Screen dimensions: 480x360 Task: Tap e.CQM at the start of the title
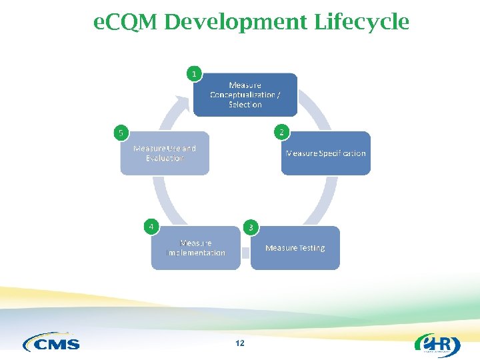125,23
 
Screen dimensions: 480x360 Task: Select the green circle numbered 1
194,73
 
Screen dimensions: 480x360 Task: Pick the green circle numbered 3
251,227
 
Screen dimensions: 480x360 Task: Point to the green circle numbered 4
152,227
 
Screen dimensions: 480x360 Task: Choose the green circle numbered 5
121,133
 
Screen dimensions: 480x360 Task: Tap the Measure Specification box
326,153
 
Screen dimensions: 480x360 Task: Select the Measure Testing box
295,248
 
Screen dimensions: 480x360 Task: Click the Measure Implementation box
196,248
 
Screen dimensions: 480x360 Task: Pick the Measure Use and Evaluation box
165,153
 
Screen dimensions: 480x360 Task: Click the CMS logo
51,343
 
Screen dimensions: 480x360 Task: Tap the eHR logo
437,344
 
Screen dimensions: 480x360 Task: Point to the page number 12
240,343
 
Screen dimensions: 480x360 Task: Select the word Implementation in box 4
196,253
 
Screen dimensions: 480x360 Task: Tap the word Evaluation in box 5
165,159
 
